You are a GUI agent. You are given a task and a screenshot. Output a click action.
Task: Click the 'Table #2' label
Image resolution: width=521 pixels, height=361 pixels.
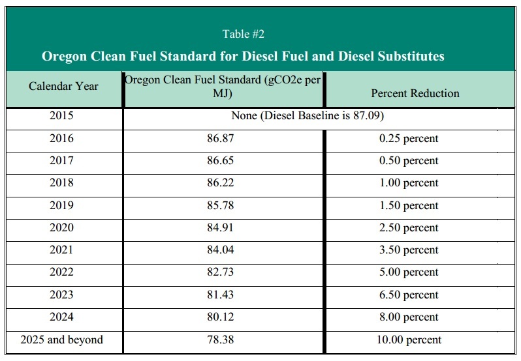pos(243,34)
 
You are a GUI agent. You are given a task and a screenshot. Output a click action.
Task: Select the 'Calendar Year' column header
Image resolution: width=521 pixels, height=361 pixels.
pos(63,86)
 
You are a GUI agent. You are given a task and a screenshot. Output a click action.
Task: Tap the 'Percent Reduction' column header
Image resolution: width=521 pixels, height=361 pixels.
pos(415,93)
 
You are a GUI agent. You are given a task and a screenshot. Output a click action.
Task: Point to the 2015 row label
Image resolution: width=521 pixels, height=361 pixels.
pos(61,116)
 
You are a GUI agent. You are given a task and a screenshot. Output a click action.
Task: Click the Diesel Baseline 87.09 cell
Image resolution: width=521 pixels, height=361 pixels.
pos(307,116)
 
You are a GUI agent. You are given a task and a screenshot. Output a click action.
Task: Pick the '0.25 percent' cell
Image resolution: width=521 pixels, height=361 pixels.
pos(409,138)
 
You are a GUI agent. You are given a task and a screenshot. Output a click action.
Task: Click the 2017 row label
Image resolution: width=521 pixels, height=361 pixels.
pos(61,160)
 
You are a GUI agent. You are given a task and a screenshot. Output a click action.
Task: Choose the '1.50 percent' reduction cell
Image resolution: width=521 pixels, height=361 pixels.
pos(409,205)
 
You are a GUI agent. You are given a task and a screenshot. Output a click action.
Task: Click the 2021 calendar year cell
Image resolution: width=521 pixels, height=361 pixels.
pos(61,250)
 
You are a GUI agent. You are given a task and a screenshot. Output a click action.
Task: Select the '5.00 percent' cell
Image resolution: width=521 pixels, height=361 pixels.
pos(409,272)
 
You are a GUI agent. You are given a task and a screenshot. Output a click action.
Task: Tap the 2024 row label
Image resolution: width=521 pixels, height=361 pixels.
pos(61,317)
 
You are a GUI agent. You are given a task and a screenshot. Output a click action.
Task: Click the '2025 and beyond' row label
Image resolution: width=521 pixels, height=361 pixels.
pos(61,339)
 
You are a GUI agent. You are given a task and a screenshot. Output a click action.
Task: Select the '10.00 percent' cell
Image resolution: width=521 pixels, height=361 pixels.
pos(409,339)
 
